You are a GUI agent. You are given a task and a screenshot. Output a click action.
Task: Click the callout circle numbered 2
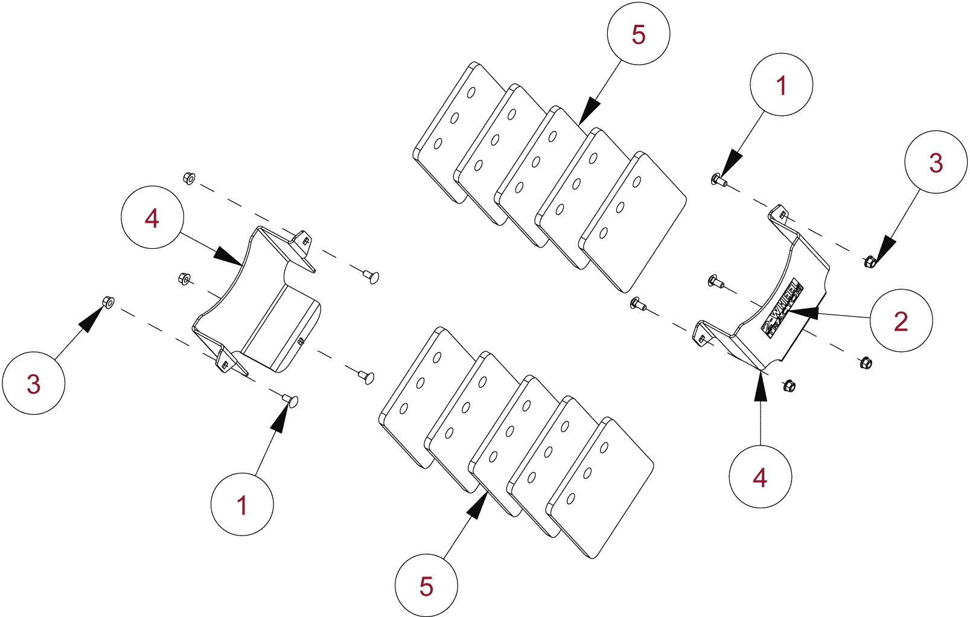pyautogui.click(x=901, y=321)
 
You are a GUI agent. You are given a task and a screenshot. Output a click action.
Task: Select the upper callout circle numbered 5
pyautogui.click(x=638, y=34)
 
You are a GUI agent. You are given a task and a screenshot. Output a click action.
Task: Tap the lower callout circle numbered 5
pyautogui.click(x=426, y=586)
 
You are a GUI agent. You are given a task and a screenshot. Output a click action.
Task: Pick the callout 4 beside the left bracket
pyautogui.click(x=152, y=217)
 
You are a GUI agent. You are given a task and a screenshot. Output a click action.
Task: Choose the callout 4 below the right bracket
pyautogui.click(x=760, y=477)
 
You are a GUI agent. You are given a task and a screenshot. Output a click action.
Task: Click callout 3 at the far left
pyautogui.click(x=34, y=383)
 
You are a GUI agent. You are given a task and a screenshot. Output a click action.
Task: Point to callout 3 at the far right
pyautogui.click(x=936, y=162)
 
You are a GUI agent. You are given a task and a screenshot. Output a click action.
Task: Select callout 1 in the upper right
pyautogui.click(x=781, y=85)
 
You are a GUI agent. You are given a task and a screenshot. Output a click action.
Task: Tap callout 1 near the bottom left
pyautogui.click(x=241, y=504)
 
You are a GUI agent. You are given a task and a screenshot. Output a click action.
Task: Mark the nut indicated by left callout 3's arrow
pyautogui.click(x=108, y=302)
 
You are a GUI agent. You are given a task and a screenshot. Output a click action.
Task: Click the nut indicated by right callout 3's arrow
pyautogui.click(x=870, y=261)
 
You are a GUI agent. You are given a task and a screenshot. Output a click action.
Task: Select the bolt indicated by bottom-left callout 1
pyautogui.click(x=290, y=400)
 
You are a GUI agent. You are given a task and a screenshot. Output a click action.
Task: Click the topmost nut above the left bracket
pyautogui.click(x=188, y=178)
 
